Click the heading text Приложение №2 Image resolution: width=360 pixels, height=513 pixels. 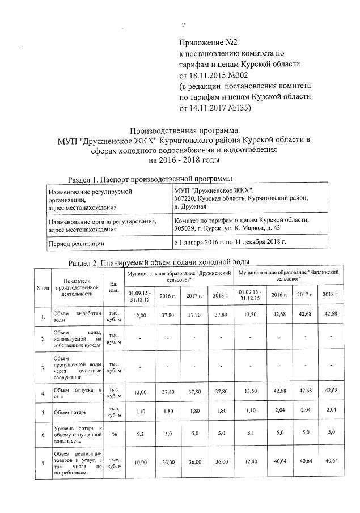pos(207,43)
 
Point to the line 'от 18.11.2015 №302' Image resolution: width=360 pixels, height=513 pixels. pos(215,75)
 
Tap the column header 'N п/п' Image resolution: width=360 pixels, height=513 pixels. pos(42,288)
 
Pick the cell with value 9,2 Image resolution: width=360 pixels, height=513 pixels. pos(139,435)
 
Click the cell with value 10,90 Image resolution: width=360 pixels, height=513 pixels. pos(139,463)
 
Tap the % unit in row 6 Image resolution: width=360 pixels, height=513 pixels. pos(113,435)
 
